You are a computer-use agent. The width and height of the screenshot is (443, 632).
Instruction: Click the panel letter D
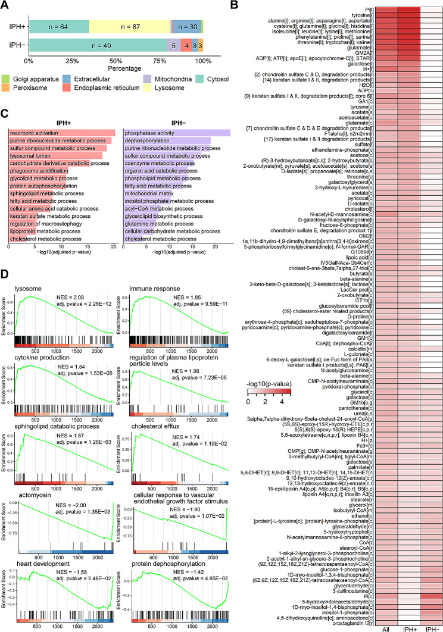point(7,277)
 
